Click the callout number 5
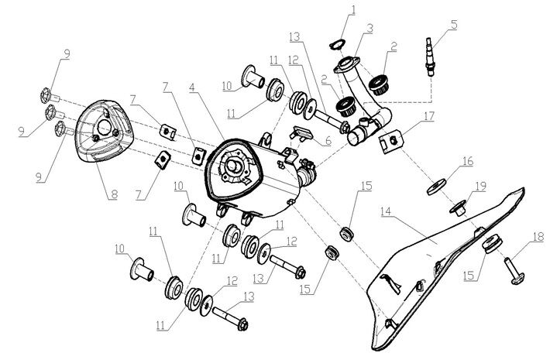[454, 25]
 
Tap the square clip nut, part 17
[393, 141]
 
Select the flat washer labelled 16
[436, 186]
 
